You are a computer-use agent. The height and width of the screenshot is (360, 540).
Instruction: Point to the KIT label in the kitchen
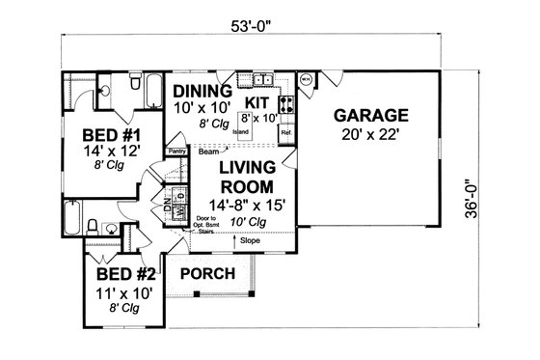[x=256, y=99]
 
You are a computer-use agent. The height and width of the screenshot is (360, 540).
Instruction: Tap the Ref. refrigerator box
[x=285, y=132]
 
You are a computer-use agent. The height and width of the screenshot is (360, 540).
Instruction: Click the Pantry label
[x=175, y=152]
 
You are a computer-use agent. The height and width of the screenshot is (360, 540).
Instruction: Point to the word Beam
[x=208, y=152]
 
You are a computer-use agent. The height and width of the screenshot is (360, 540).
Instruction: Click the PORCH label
[x=207, y=274]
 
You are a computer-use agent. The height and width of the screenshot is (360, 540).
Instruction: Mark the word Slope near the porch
[x=249, y=239]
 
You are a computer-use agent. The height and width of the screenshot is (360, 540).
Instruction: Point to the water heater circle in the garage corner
[x=306, y=81]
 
